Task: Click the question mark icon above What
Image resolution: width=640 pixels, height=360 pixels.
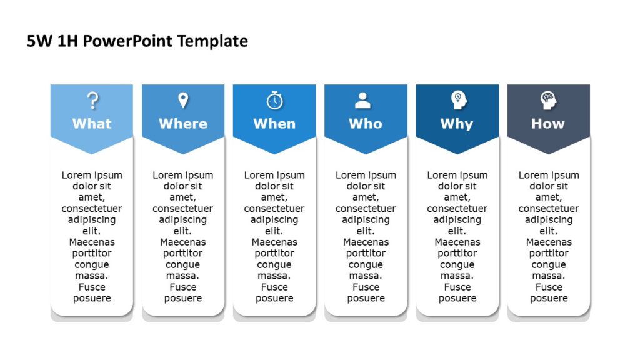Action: [x=92, y=100]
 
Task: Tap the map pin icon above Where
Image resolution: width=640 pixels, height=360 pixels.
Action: [x=183, y=100]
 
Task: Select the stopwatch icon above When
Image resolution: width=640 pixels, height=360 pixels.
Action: [x=274, y=100]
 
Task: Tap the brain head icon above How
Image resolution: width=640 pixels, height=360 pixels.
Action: [x=548, y=100]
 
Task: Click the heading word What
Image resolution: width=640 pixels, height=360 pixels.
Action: [x=92, y=124]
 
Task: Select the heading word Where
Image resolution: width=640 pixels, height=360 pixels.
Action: [x=183, y=124]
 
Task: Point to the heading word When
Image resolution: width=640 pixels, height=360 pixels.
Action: [x=274, y=124]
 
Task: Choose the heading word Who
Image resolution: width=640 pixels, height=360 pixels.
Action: [x=366, y=124]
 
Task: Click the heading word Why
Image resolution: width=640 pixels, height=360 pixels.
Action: [x=457, y=124]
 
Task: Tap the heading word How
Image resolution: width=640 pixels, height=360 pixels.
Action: [x=548, y=124]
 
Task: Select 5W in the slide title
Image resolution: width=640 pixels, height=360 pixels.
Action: [x=38, y=42]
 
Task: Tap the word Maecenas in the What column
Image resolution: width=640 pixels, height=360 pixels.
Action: [x=92, y=242]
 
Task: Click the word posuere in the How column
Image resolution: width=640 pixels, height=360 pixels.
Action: [x=549, y=298]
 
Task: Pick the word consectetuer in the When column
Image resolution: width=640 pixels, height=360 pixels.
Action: [x=274, y=209]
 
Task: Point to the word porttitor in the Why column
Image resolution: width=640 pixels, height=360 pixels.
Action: [x=457, y=253]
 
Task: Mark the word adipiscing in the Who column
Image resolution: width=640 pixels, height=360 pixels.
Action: [x=366, y=220]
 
